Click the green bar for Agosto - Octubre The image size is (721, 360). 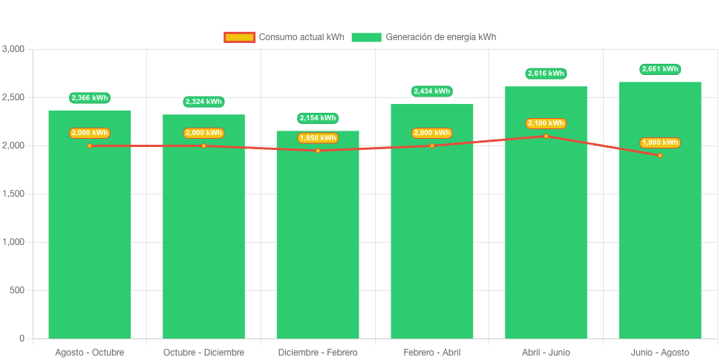click(x=90, y=238)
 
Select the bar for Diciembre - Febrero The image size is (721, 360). click(x=318, y=245)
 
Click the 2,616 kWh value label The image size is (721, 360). click(x=546, y=73)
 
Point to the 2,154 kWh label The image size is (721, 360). click(x=318, y=118)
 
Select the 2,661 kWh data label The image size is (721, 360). click(x=659, y=69)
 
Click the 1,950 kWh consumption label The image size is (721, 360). click(x=318, y=137)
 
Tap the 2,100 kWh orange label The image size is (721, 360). click(x=546, y=123)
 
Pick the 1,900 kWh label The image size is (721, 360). click(x=659, y=143)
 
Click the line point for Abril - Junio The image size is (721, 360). click(x=546, y=136)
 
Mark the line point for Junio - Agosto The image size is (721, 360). click(x=659, y=155)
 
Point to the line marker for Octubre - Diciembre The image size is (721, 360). click(x=203, y=145)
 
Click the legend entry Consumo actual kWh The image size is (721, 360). click(x=284, y=37)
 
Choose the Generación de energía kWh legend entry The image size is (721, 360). click(x=424, y=37)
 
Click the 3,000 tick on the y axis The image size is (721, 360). click(x=13, y=49)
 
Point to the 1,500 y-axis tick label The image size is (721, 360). click(x=13, y=194)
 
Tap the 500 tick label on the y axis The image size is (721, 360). click(x=16, y=290)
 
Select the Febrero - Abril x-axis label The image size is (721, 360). click(x=431, y=352)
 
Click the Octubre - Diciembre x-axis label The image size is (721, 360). click(x=203, y=352)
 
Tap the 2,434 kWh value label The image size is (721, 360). click(x=431, y=91)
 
